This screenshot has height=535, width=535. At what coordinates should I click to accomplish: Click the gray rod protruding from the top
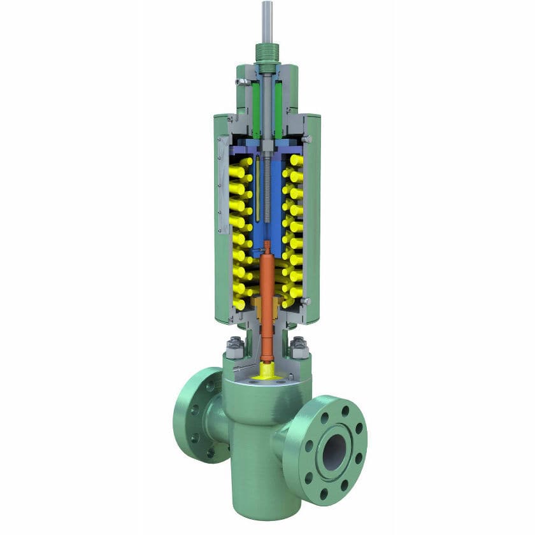[267, 22]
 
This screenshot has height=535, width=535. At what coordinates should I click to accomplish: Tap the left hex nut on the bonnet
[233, 348]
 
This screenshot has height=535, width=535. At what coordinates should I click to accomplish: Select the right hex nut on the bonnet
[300, 348]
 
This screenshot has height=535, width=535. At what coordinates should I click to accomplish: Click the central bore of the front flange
[334, 452]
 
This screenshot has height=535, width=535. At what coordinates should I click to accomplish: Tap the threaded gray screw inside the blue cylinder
[267, 191]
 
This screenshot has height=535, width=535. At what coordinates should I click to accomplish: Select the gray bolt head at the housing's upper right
[308, 139]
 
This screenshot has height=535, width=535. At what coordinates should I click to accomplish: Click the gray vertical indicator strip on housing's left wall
[222, 185]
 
